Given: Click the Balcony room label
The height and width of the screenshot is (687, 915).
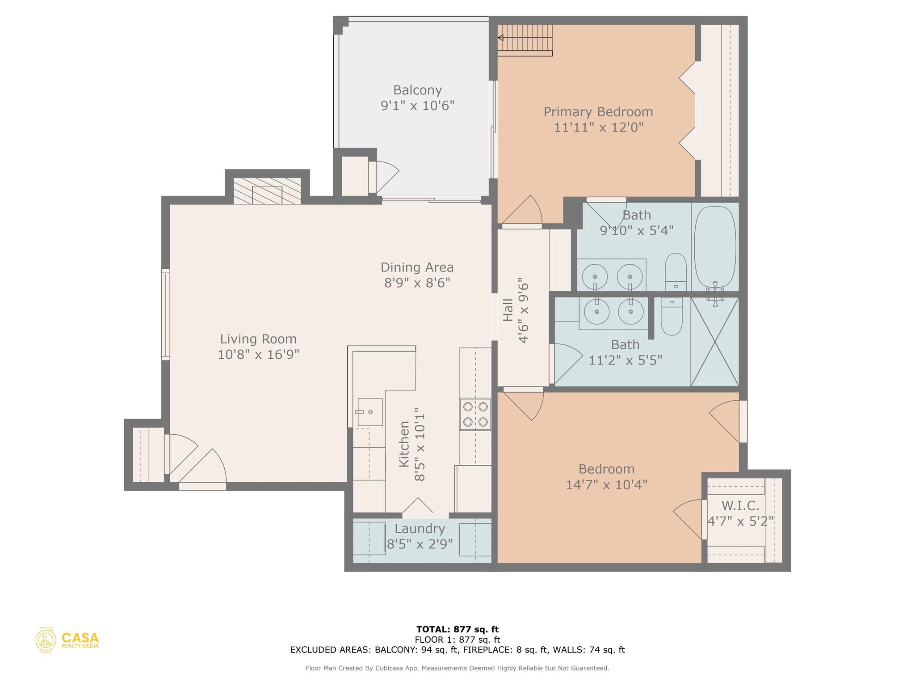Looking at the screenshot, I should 417,90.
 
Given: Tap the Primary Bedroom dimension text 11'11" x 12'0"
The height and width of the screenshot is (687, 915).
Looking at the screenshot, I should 598,127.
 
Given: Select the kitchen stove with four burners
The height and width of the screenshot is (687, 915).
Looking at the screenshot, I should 475,414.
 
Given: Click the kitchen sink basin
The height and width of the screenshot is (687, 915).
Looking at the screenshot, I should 370,412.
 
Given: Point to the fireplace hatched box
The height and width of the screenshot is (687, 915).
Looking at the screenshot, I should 267,191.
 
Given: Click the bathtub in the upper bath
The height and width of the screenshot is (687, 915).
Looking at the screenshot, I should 715,247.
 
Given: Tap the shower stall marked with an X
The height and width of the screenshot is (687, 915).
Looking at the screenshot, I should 715,342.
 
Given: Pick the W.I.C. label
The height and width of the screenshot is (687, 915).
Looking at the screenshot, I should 740,506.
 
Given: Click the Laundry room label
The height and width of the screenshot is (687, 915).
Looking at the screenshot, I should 420,529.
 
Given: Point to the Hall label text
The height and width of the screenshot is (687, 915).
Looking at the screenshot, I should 508,310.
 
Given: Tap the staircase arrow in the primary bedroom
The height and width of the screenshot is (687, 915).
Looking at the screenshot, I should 501,38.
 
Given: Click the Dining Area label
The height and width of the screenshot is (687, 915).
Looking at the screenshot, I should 417,267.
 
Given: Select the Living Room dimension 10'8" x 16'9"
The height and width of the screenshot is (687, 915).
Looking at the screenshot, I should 258,355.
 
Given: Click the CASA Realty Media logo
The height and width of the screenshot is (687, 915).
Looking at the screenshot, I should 67,640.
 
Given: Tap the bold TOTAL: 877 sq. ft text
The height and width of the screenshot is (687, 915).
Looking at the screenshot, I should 457,630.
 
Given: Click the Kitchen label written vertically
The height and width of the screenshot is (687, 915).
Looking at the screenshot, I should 404,444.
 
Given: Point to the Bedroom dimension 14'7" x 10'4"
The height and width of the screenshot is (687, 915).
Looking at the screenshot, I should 606,485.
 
